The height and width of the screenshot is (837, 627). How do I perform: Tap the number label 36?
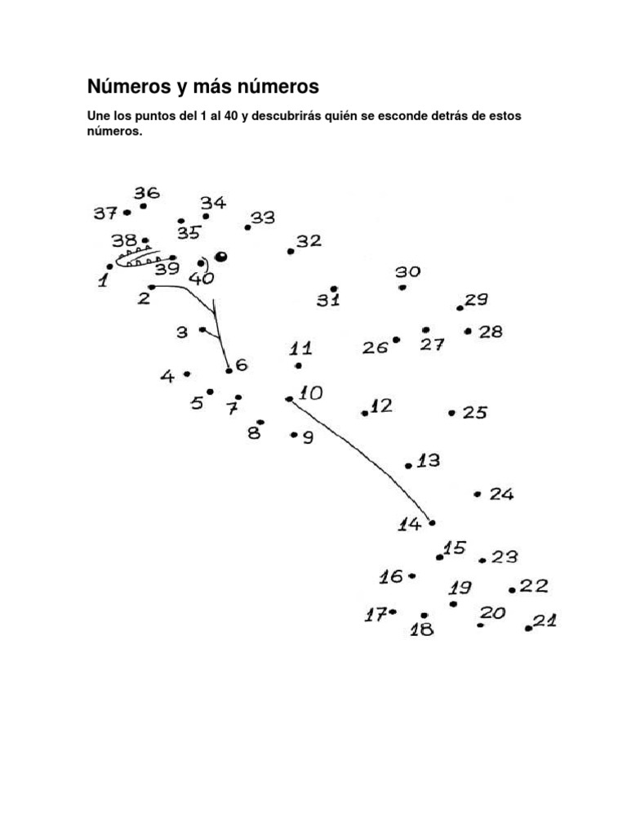[x=147, y=193]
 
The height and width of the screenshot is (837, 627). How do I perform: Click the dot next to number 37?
[x=127, y=213]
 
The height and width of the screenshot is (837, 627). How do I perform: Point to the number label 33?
[x=263, y=217]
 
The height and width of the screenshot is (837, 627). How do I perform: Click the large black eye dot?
[x=220, y=256]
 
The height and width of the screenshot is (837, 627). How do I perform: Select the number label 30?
[x=407, y=272]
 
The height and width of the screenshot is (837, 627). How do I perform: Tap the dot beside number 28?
[x=468, y=331]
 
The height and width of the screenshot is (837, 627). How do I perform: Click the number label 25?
[x=474, y=413]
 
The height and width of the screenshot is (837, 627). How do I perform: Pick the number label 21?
[x=545, y=620]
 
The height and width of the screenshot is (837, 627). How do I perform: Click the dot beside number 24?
[x=477, y=494]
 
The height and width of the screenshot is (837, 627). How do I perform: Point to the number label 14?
[x=409, y=524]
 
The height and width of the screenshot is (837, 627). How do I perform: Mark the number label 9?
[x=308, y=438]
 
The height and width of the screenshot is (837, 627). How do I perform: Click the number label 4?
[x=167, y=377]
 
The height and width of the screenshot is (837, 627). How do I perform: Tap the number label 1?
[x=103, y=281]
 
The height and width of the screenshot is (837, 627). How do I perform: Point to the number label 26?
[x=375, y=348]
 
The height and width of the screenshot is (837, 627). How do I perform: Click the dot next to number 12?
[x=365, y=414]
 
